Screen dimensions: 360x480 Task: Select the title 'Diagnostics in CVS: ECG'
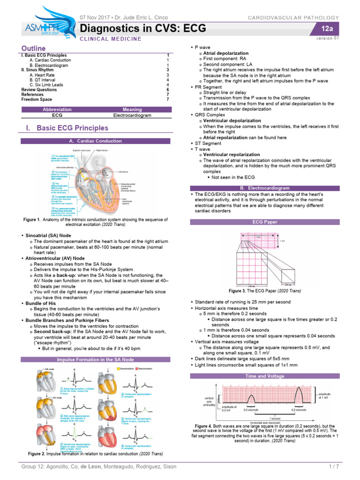tap(143, 29)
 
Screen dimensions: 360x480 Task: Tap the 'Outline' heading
tap(34, 49)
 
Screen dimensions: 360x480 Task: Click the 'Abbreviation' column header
tap(57, 109)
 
